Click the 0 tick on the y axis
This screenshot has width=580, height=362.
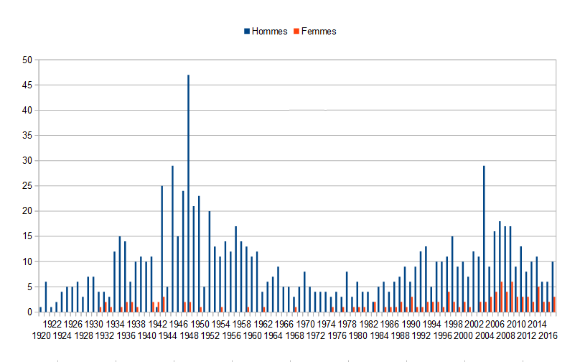30,312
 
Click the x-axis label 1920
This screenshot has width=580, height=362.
40,335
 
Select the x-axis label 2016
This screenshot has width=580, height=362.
548,335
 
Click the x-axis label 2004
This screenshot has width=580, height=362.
484,335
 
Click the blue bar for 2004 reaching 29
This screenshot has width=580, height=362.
484,238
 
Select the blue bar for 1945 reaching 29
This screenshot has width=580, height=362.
172,238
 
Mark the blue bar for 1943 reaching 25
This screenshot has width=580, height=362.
162,249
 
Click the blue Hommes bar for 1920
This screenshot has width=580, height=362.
40,310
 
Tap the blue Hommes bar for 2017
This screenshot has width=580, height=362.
552,287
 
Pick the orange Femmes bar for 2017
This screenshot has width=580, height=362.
554,305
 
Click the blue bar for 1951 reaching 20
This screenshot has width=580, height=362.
209,261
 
